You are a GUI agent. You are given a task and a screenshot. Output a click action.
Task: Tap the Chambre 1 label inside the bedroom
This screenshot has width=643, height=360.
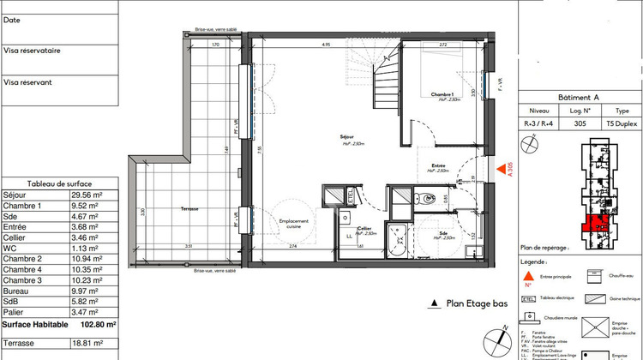point(442,94)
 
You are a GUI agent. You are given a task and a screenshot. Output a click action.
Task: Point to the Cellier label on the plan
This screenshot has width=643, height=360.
point(364,227)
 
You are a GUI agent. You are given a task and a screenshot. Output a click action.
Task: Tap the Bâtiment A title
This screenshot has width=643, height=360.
point(581,98)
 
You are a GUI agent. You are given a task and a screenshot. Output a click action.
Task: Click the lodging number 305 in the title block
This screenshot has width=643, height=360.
point(581,123)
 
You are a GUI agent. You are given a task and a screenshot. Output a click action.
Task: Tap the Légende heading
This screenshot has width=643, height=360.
point(533,261)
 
